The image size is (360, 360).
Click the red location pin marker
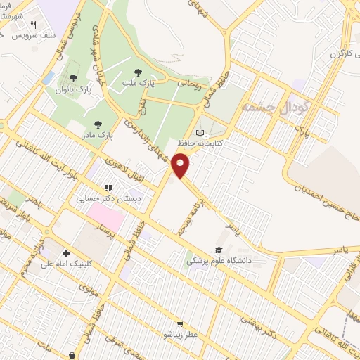pos(181,166)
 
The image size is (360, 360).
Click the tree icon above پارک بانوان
pos(73,78)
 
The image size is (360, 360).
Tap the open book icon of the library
pos(200,134)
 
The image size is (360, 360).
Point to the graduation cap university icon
pos(218,250)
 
